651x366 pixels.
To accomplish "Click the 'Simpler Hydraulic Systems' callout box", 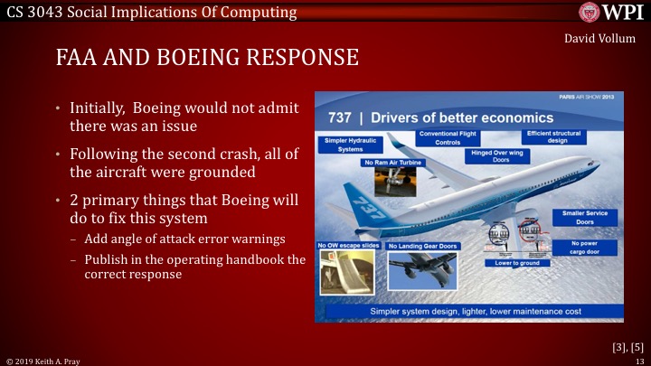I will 354,145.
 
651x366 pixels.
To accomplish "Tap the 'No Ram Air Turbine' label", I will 392,163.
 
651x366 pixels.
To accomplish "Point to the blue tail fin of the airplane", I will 362,203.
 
